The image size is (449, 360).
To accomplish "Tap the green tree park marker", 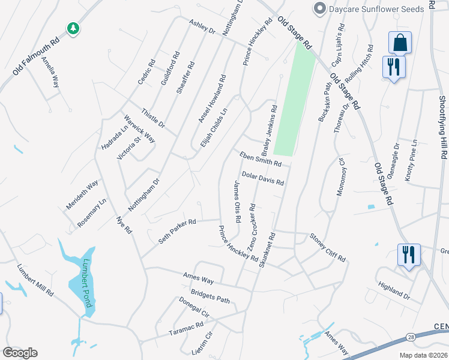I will pos(73,28).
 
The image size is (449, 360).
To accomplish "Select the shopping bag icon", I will pos(400,43).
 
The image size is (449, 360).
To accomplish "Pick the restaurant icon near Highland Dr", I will pos(409,254).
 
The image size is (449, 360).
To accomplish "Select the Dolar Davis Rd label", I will pos(262,179).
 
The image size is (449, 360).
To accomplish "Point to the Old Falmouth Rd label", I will pos(36,58).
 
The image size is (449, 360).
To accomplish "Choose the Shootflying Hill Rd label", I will pos(443,126).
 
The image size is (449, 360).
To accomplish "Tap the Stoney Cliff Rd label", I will pos(328,247).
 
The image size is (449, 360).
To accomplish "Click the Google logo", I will pos(20,353).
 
